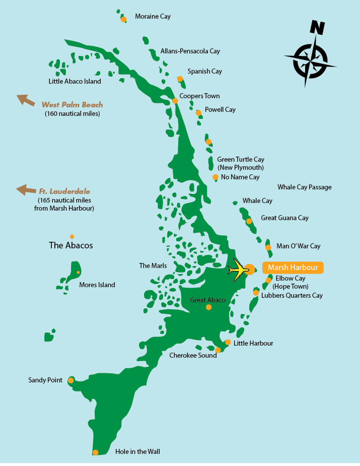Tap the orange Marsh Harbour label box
(x=293, y=268)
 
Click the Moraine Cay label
(x=153, y=17)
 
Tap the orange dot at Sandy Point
(x=70, y=380)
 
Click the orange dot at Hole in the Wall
(x=96, y=452)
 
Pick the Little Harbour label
(x=253, y=343)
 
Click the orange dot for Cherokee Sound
(x=218, y=350)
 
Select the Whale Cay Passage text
(x=304, y=187)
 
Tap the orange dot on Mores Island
(x=78, y=273)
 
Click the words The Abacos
(x=70, y=246)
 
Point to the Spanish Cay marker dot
(x=180, y=79)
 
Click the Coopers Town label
(x=199, y=96)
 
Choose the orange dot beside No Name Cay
(x=215, y=177)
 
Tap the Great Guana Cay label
(x=284, y=218)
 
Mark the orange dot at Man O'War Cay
(x=268, y=247)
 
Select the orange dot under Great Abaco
(x=208, y=307)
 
